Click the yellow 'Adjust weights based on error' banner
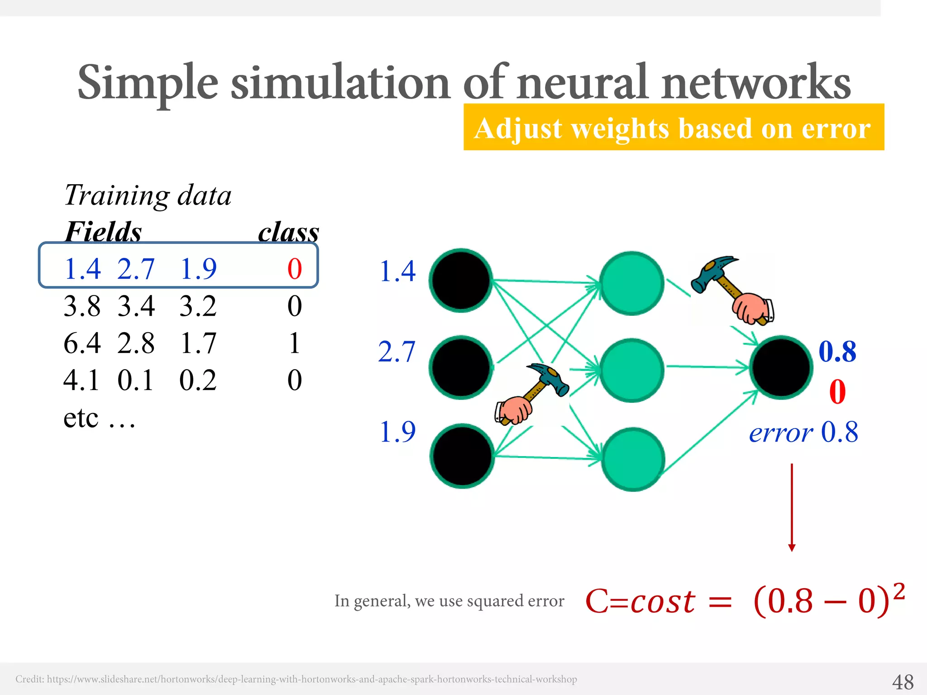coord(674,127)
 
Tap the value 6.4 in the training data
coord(82,343)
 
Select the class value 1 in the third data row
coord(295,343)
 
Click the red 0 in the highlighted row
coord(295,269)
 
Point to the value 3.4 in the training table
coord(136,306)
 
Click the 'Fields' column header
coord(103,232)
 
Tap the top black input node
coord(461,280)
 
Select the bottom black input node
coord(462,456)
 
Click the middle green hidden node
coord(632,370)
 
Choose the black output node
coord(781,367)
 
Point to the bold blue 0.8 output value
coord(837,352)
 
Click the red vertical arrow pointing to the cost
coord(792,507)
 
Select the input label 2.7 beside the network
coord(397,352)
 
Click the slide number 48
coord(903,681)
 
